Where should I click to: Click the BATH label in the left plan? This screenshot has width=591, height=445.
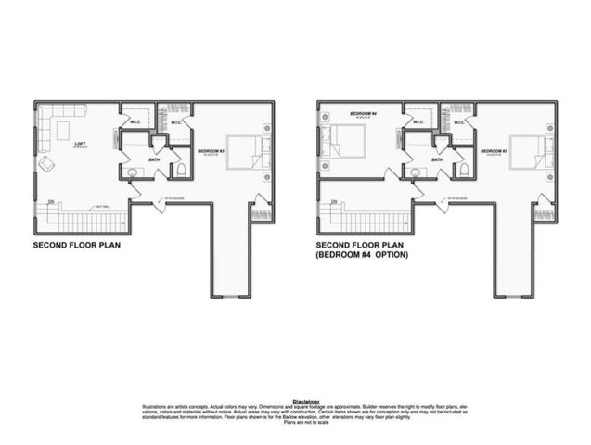click(x=153, y=159)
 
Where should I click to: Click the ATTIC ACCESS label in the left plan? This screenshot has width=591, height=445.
click(x=173, y=197)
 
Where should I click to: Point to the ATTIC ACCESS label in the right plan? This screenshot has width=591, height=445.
click(x=456, y=197)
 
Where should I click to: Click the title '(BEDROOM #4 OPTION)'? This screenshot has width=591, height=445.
click(x=362, y=254)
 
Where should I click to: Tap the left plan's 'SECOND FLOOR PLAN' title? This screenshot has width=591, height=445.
click(x=76, y=247)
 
